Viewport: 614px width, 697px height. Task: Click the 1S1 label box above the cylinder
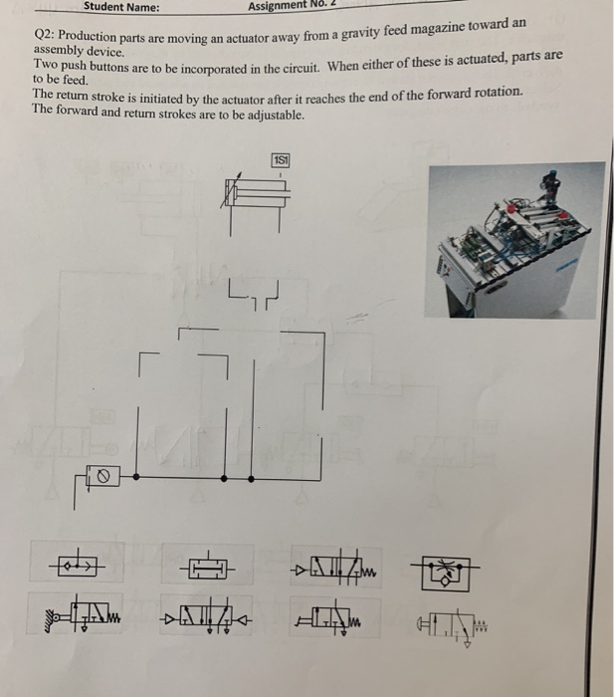282,160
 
